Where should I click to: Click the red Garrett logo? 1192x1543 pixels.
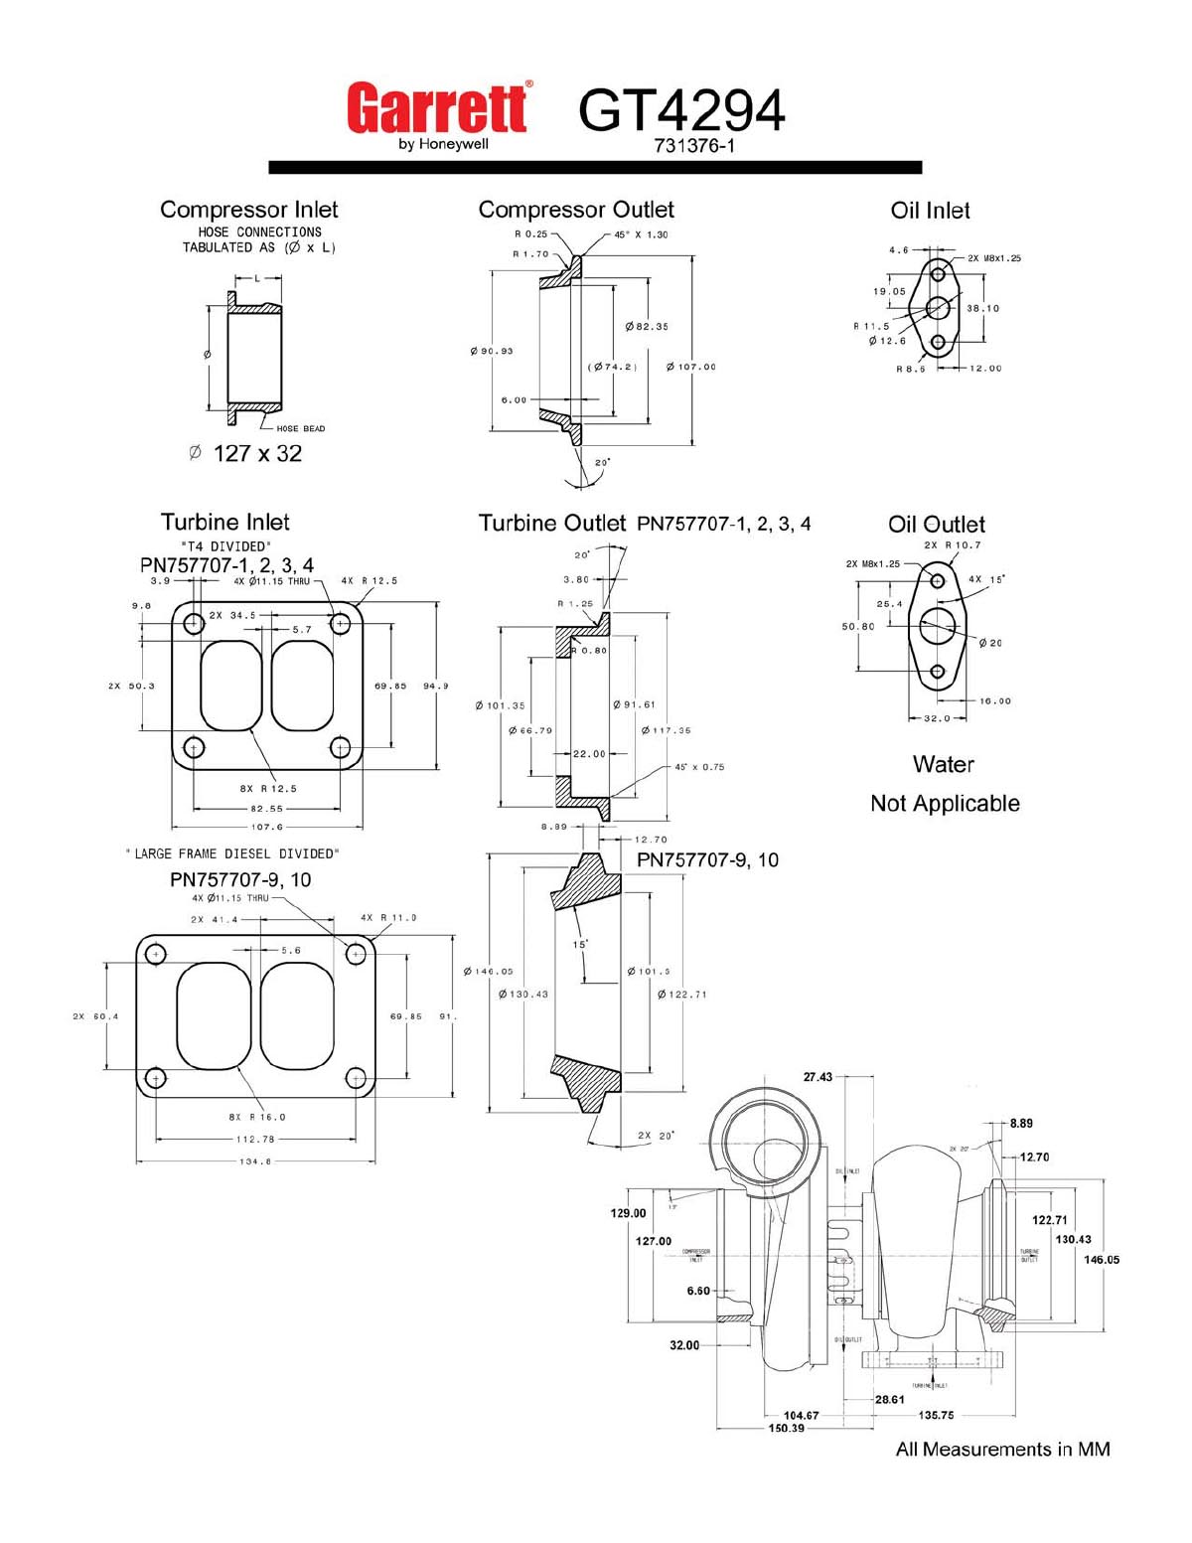point(437,109)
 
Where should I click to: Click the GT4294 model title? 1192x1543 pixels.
point(681,110)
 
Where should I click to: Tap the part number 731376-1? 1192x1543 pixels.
point(693,146)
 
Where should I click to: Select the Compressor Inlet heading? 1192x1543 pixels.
point(249,210)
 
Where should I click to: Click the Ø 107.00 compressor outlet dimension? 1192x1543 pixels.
point(691,367)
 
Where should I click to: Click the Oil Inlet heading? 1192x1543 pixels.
point(930,211)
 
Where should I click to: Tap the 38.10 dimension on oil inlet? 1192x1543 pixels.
point(982,308)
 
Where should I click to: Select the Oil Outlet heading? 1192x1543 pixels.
point(937,525)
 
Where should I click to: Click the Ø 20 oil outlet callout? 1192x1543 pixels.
point(990,643)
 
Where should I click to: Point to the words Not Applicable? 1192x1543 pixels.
point(945,803)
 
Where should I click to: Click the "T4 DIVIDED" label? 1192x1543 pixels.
point(226,546)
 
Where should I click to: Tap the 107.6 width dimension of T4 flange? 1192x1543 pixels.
point(267,827)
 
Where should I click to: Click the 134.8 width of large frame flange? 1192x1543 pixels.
point(255,1160)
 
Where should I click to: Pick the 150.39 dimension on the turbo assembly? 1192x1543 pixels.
point(786,1428)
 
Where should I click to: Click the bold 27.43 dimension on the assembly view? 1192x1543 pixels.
point(818,1077)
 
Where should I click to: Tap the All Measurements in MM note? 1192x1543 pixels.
point(1002,1449)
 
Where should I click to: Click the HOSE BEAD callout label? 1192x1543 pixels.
point(300,428)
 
